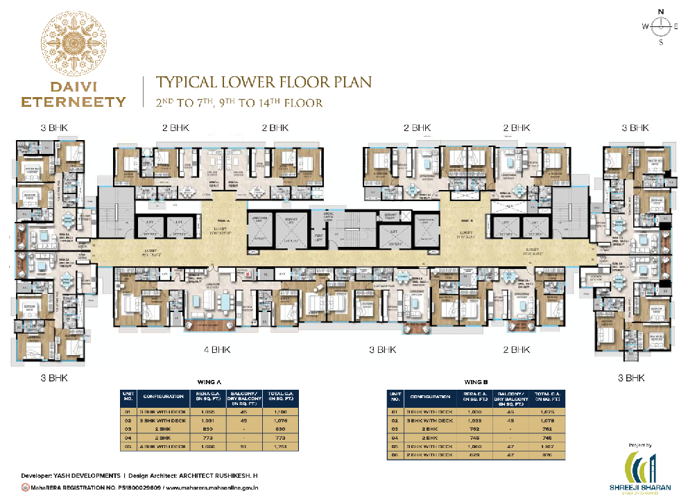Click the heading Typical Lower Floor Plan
(264, 82)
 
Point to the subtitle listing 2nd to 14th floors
(240, 103)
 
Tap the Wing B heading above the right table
(475, 381)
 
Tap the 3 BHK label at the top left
(53, 128)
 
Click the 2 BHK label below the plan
(516, 350)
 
